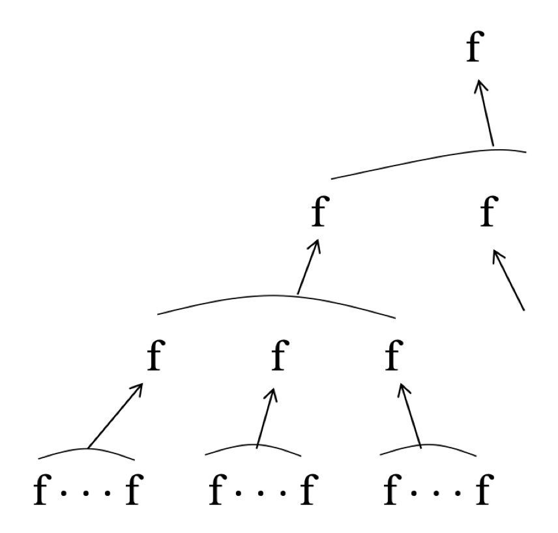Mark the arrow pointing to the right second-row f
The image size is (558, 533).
tap(509, 280)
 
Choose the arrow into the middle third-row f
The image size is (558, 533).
tap(267, 418)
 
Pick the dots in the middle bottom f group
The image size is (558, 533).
tap(257, 487)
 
